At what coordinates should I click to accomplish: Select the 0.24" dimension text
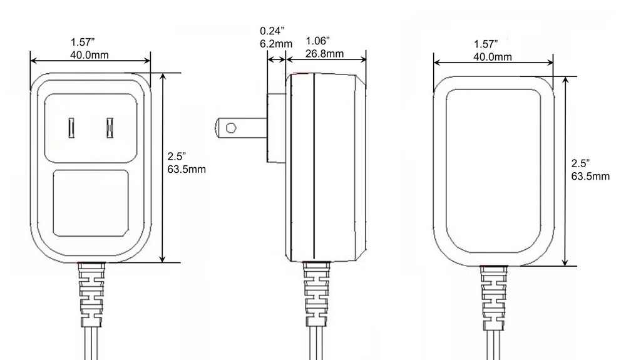(272, 30)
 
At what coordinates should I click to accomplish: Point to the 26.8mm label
(324, 53)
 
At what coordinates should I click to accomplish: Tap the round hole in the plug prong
(230, 128)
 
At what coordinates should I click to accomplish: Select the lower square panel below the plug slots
(91, 203)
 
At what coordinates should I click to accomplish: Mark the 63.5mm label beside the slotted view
(187, 168)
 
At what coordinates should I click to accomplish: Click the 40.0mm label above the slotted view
(89, 54)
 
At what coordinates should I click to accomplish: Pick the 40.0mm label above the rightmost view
(492, 56)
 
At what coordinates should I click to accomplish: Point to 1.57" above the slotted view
(83, 42)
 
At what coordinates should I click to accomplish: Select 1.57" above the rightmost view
(486, 44)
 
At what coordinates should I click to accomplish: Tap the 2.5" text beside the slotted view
(177, 157)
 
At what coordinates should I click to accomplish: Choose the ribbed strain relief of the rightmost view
(493, 298)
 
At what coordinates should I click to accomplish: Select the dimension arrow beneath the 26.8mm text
(326, 60)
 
